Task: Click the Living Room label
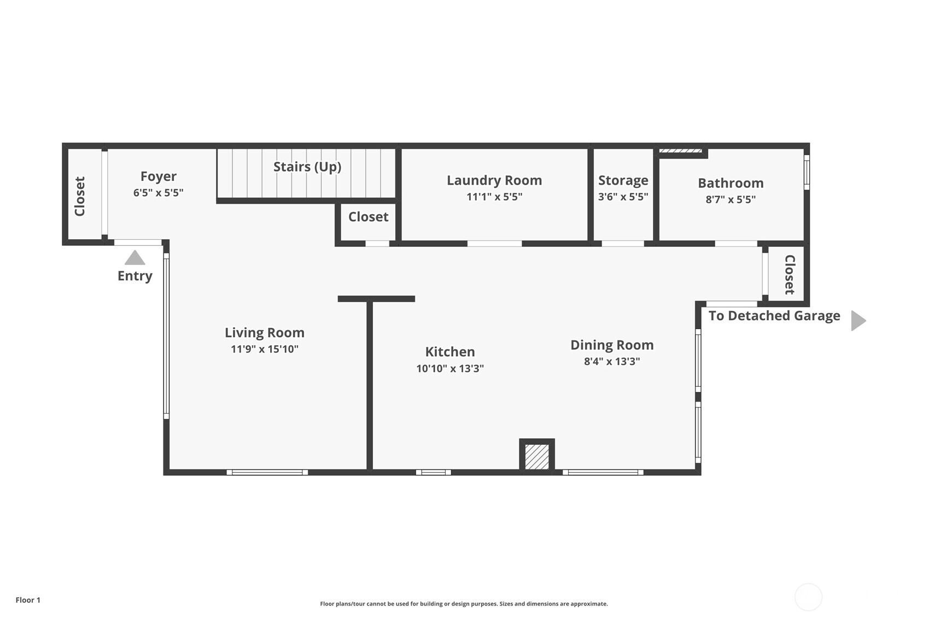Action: pyautogui.click(x=264, y=333)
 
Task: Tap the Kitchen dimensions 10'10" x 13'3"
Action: pyautogui.click(x=450, y=368)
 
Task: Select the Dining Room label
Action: pyautogui.click(x=612, y=345)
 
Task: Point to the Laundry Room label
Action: pyautogui.click(x=494, y=180)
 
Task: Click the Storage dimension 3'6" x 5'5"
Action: pyautogui.click(x=623, y=197)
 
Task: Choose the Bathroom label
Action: pyautogui.click(x=731, y=183)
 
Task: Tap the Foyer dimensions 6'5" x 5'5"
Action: pyautogui.click(x=158, y=193)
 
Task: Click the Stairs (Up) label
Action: pyautogui.click(x=307, y=167)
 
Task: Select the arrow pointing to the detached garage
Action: pyautogui.click(x=859, y=321)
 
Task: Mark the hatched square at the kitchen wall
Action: pyautogui.click(x=537, y=457)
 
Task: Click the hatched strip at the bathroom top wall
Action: pyautogui.click(x=681, y=151)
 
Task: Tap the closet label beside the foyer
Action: pyautogui.click(x=79, y=196)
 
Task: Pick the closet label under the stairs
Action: pyautogui.click(x=368, y=217)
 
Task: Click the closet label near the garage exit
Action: pyautogui.click(x=790, y=275)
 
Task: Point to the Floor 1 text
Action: pyautogui.click(x=28, y=600)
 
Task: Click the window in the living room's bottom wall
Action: pyautogui.click(x=267, y=472)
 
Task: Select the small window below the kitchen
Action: pyautogui.click(x=433, y=472)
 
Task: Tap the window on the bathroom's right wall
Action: pyautogui.click(x=807, y=172)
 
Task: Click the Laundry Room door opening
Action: pyautogui.click(x=495, y=244)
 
